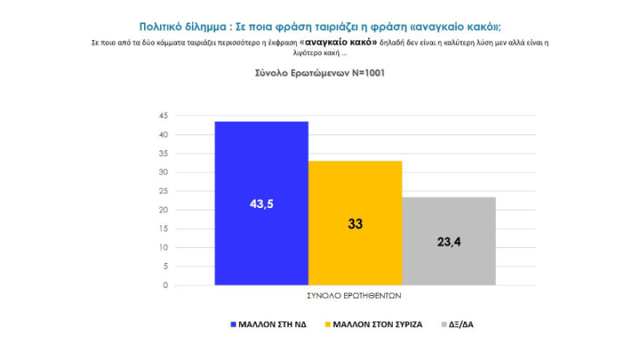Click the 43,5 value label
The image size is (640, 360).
[261, 204]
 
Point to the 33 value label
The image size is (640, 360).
[355, 224]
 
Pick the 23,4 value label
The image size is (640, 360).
[449, 241]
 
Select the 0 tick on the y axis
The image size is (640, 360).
[165, 285]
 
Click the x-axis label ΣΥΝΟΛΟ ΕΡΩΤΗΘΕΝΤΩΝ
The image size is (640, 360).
[355, 297]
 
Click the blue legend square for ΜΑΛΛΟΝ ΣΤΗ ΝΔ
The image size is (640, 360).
[233, 324]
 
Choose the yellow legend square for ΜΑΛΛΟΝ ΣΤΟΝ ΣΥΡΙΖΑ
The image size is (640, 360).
[327, 324]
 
